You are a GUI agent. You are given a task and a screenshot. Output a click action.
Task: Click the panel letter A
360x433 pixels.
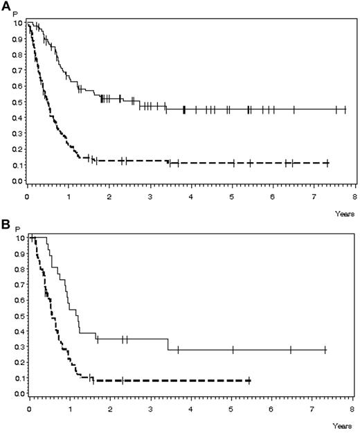pyautogui.click(x=6, y=6)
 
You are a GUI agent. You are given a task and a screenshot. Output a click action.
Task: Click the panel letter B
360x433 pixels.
pyautogui.click(x=6, y=223)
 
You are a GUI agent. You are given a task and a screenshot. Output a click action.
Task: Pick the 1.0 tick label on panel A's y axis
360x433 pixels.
pyautogui.click(x=15, y=23)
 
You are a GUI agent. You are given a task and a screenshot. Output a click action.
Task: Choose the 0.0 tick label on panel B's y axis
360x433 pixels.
pyautogui.click(x=15, y=394)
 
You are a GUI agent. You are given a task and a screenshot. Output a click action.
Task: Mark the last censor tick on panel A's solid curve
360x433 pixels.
pyautogui.click(x=345, y=109)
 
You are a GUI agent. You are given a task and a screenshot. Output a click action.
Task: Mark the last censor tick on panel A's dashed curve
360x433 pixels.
pyautogui.click(x=326, y=163)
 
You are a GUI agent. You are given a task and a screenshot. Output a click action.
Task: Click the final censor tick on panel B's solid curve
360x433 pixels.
pyautogui.click(x=325, y=350)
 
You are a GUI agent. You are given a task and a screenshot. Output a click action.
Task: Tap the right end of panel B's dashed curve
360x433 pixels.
pyautogui.click(x=249, y=380)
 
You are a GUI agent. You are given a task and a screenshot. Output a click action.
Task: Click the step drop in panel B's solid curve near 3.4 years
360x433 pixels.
pyautogui.click(x=168, y=344)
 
